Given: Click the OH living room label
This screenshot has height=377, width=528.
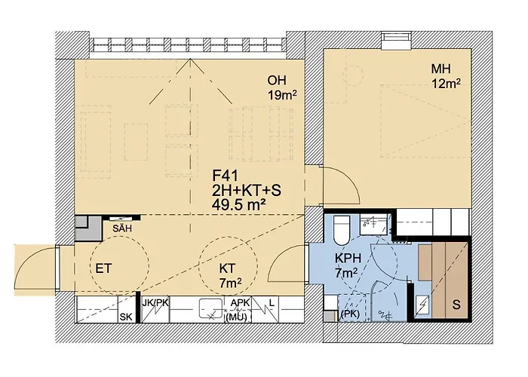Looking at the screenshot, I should click(278, 81).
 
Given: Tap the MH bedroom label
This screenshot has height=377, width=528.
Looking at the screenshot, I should click(441, 69).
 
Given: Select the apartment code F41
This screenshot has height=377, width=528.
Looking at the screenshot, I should click(226, 175).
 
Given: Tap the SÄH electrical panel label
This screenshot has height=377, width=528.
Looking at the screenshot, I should click(121, 227).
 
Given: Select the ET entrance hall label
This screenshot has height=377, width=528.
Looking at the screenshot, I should click(104, 267).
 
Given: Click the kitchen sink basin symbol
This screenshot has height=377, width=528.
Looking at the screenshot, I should click(207, 309).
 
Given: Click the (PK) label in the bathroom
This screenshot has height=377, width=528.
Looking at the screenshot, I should click(349, 313).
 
